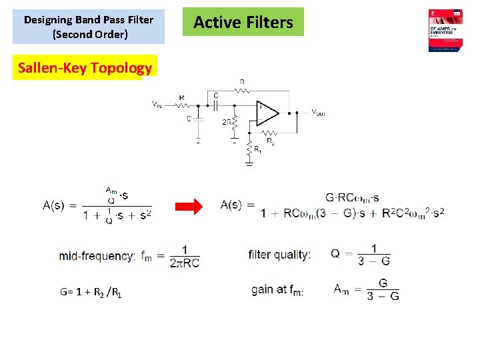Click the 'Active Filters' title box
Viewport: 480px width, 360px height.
[243, 22]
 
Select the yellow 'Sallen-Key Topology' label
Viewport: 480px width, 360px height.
[85, 67]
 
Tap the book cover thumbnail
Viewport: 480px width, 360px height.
[445, 31]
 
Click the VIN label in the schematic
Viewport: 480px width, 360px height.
[157, 105]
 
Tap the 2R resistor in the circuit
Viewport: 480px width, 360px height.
[234, 122]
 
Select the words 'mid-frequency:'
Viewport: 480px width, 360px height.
[97, 255]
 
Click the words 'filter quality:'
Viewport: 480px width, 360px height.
[279, 254]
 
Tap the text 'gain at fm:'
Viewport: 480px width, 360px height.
[277, 289]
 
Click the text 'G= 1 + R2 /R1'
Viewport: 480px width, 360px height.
[91, 292]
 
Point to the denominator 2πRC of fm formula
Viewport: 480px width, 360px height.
[185, 263]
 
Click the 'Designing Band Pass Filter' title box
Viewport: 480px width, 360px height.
[89, 26]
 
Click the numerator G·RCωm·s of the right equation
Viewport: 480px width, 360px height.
[353, 197]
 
